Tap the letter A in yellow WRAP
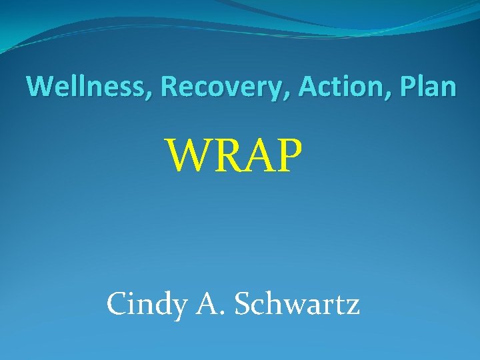point(255,155)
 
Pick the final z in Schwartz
point(353,307)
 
